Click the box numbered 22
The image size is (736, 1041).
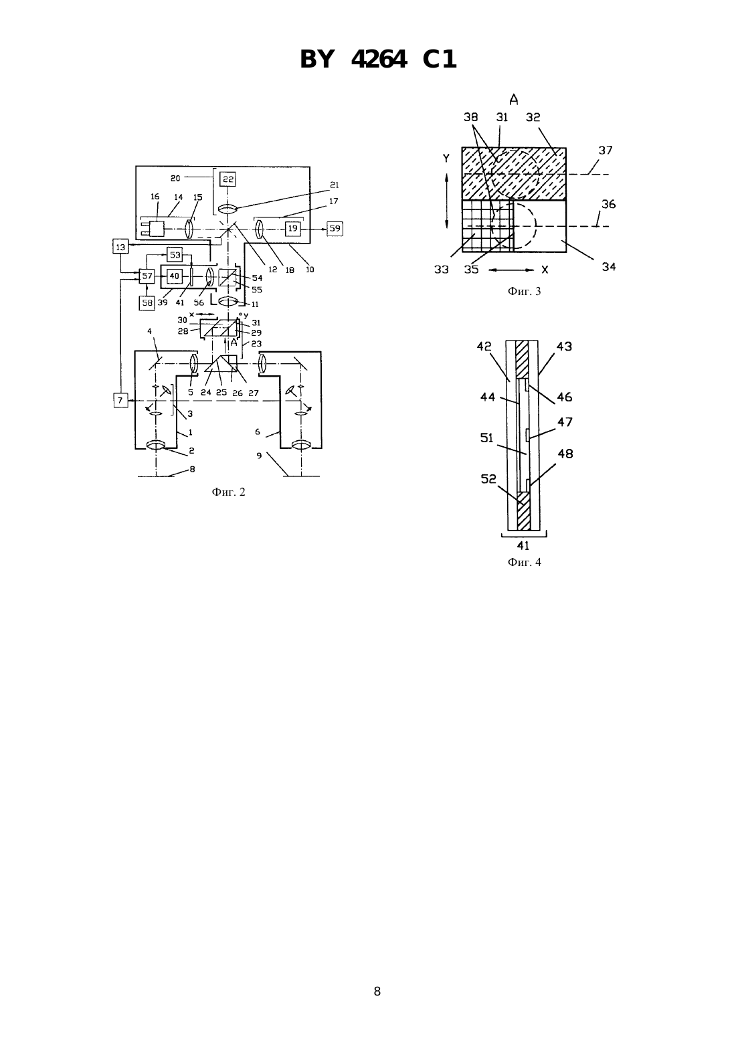tap(227, 179)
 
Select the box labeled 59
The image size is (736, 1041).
tap(335, 229)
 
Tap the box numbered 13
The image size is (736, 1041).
tap(121, 246)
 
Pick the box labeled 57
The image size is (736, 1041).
tap(147, 276)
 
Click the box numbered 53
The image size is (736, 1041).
tap(175, 255)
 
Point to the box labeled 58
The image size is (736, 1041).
tap(147, 303)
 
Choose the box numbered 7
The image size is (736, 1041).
tap(121, 400)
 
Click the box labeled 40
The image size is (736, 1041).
tap(174, 276)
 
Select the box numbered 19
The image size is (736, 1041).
tap(292, 229)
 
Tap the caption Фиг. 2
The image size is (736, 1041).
tap(228, 492)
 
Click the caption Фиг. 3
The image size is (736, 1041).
tap(524, 292)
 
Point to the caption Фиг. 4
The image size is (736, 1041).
tap(524, 563)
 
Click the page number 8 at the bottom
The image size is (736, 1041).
tap(377, 991)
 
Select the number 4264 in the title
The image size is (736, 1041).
tap(379, 60)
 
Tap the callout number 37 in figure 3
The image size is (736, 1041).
tap(606, 150)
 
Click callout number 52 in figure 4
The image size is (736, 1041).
tap(488, 478)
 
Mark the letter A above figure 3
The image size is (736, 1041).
tap(513, 99)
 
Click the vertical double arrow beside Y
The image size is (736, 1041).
tap(446, 201)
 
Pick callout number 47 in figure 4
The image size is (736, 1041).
tap(565, 422)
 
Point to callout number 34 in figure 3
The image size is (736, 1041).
tap(609, 266)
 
